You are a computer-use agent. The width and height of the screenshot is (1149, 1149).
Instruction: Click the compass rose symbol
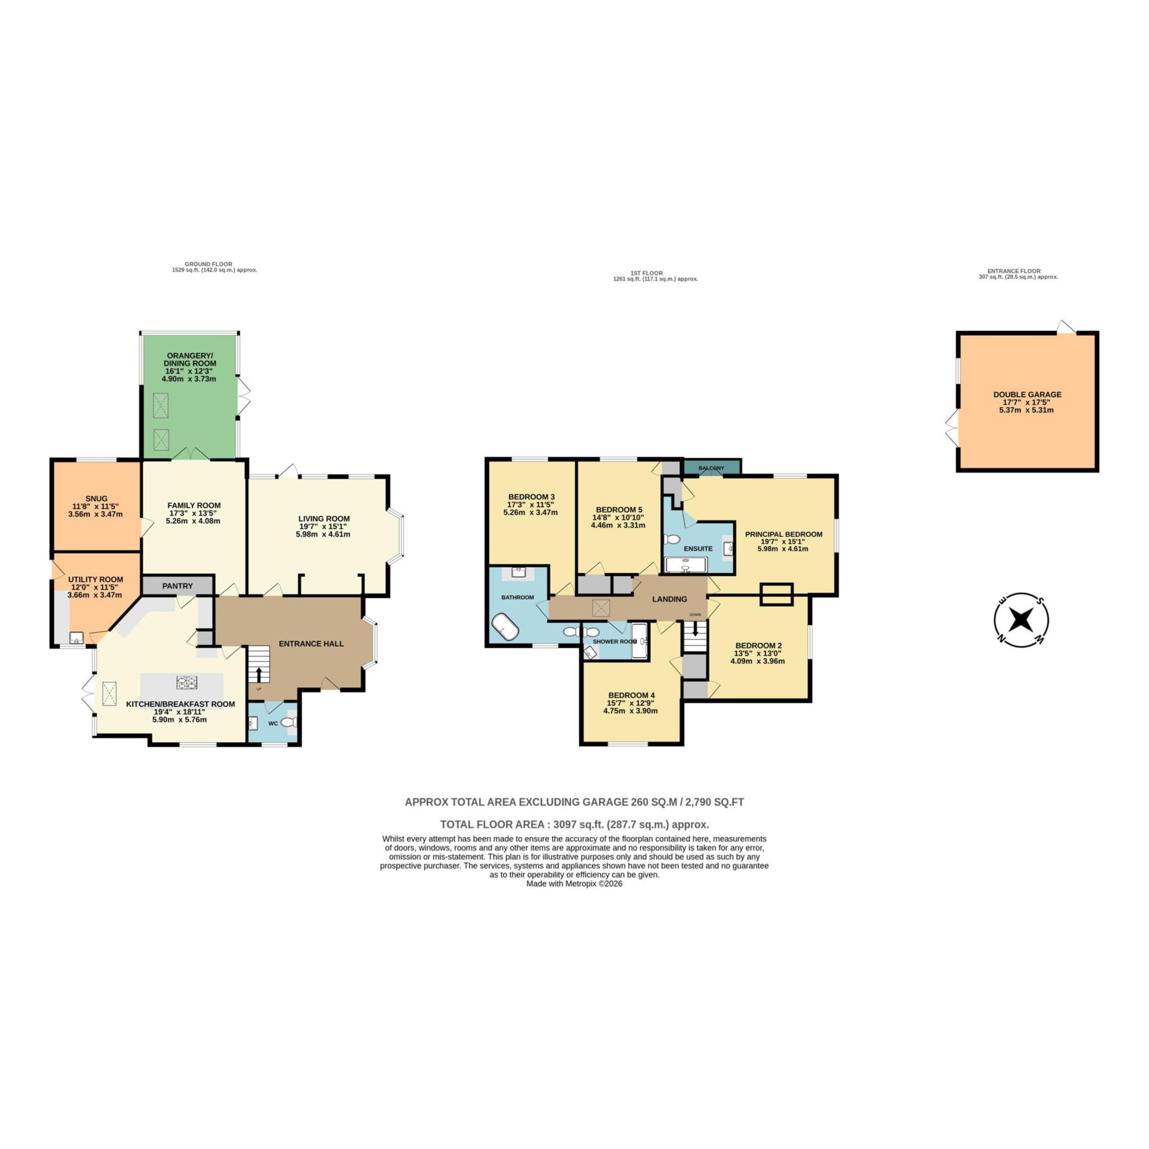tap(1021, 621)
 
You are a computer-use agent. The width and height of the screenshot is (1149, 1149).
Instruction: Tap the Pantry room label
tap(177, 586)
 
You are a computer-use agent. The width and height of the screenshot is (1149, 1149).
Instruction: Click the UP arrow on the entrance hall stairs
tap(259, 674)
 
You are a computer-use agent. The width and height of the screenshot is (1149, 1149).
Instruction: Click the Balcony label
tap(711, 468)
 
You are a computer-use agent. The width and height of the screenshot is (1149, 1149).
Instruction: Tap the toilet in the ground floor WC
tap(289, 722)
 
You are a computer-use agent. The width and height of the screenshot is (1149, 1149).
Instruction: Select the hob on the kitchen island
tap(186, 683)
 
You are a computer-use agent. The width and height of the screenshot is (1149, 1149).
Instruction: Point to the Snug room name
tap(96, 498)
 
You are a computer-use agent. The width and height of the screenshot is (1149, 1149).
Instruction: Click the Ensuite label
tap(698, 548)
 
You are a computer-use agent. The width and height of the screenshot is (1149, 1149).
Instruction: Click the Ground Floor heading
tap(208, 264)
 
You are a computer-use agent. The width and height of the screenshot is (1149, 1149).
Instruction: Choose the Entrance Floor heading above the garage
tap(1018, 271)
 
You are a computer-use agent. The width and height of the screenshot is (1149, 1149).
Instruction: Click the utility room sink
tap(76, 638)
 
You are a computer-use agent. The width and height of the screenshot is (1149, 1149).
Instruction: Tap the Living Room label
tap(324, 518)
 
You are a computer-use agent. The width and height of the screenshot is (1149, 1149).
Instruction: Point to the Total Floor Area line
tap(574, 824)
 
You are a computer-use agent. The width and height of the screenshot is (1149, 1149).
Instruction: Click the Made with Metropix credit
tap(574, 884)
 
